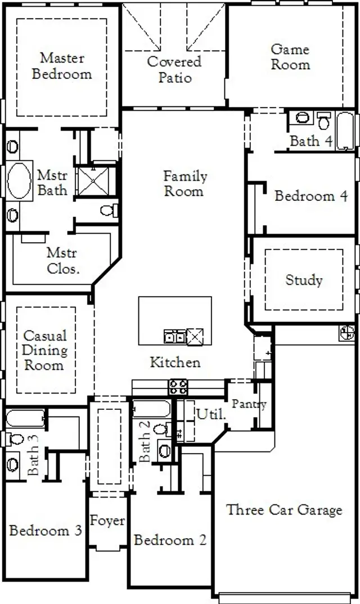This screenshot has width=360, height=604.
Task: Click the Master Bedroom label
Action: coord(62,66)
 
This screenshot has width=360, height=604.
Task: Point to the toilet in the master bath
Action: coord(108,211)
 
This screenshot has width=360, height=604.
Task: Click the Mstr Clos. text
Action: coord(62,261)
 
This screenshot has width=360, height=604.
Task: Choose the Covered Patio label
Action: coord(174,69)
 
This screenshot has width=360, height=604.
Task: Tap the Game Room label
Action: coord(290,57)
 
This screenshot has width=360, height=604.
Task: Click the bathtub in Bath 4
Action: coord(344,131)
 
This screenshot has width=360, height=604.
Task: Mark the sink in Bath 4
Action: coord(303,118)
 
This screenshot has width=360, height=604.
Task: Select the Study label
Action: coord(304,280)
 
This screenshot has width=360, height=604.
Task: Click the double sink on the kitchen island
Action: coord(174,337)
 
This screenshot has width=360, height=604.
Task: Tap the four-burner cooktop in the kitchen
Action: coord(178,387)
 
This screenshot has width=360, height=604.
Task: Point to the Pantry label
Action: coord(249,404)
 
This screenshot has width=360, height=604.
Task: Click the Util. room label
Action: coord(210,414)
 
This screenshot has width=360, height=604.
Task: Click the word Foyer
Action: coord(107,521)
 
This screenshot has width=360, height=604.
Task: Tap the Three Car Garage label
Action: coord(284,510)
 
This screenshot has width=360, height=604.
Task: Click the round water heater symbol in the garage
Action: coord(347,333)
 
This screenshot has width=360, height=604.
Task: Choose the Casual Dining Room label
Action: coord(44,350)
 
